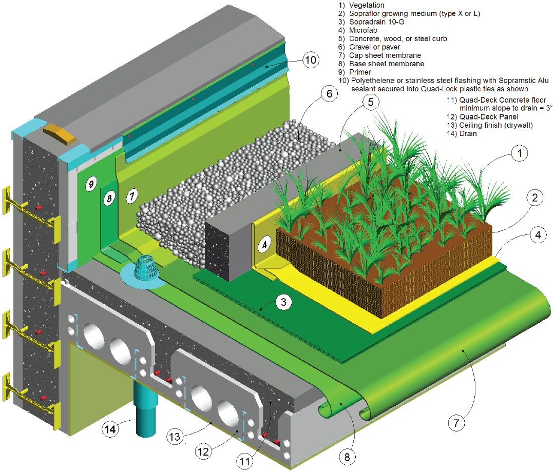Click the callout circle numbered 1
[x=520, y=152]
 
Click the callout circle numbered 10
[x=310, y=61]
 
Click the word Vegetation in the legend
[x=366, y=5]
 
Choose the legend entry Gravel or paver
[x=373, y=47]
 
